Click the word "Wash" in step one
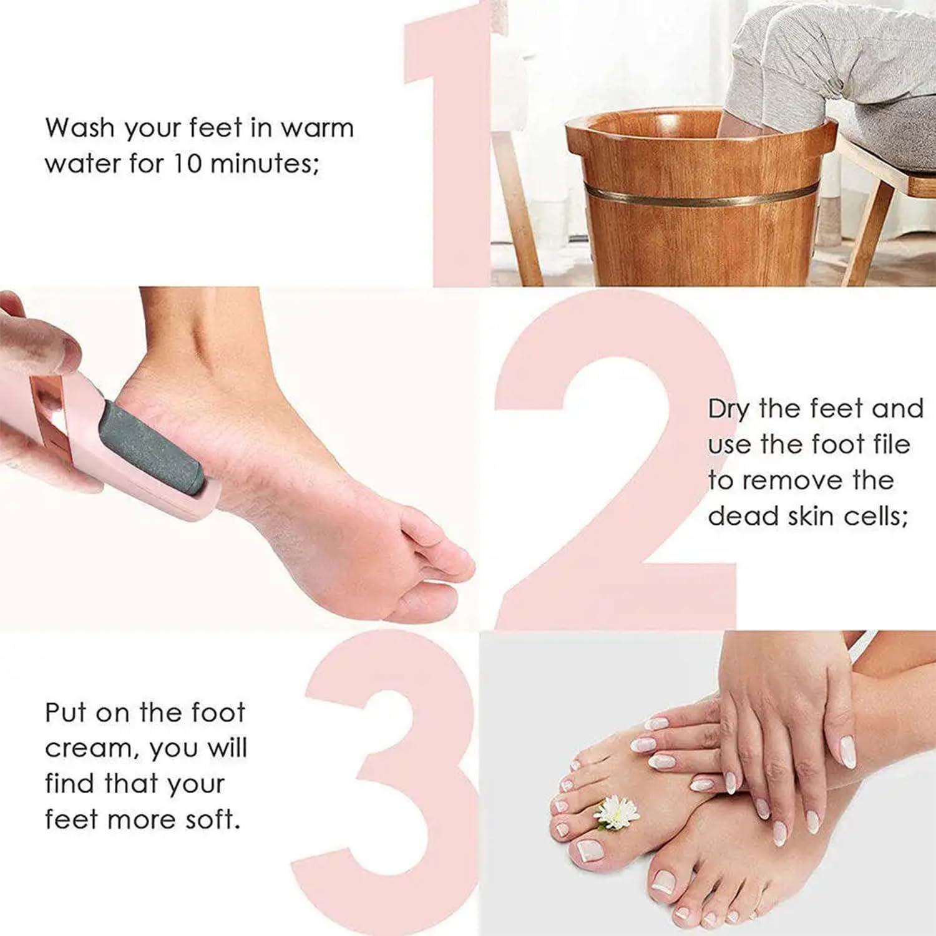80,128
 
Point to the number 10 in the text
186,163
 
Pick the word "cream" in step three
90,748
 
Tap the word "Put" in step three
66,712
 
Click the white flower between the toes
617,812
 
